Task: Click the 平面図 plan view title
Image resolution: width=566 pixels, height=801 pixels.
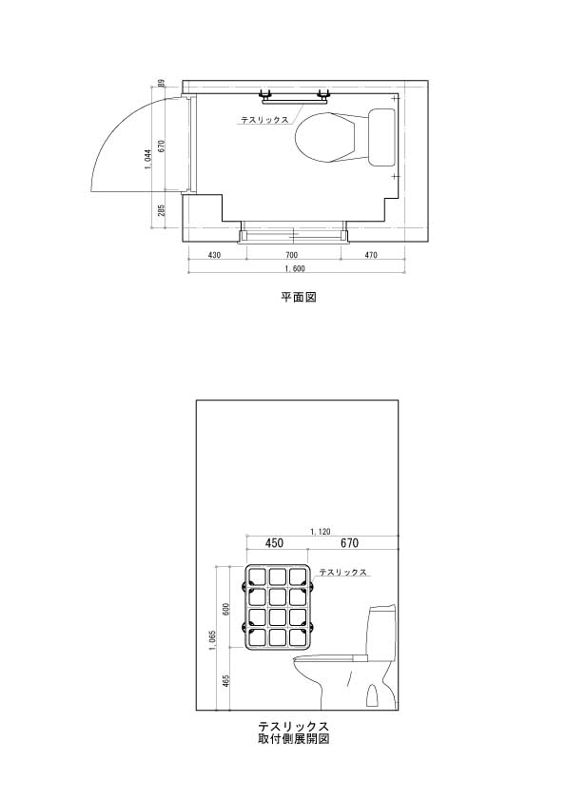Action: [x=299, y=297]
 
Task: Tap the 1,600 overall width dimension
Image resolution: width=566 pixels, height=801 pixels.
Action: [x=295, y=268]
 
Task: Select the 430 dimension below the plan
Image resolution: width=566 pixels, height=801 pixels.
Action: [x=215, y=255]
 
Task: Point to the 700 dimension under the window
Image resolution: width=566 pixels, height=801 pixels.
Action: [x=291, y=255]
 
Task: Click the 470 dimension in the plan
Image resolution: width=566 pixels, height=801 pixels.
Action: [x=371, y=255]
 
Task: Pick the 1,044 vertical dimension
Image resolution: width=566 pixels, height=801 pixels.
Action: [x=147, y=160]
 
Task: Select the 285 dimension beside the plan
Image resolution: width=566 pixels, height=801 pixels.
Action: [x=162, y=210]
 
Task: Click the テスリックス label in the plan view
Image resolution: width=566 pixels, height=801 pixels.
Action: [x=264, y=120]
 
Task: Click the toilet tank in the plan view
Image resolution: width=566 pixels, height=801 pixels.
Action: [x=382, y=137]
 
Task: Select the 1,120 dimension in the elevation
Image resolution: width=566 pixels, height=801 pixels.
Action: [x=321, y=532]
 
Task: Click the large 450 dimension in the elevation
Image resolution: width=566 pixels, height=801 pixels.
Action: [x=274, y=543]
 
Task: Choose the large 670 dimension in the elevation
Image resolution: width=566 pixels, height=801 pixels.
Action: [x=349, y=543]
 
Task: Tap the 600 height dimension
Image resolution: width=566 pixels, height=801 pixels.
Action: [x=226, y=609]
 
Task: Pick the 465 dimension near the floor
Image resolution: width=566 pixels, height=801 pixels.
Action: [x=226, y=681]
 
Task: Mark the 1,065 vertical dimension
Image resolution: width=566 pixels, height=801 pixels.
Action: [x=213, y=640]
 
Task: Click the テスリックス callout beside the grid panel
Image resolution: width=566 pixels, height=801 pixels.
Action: [x=343, y=572]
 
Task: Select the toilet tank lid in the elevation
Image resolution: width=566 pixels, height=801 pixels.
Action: [x=381, y=609]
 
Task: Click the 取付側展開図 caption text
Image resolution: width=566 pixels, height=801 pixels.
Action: [x=294, y=738]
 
